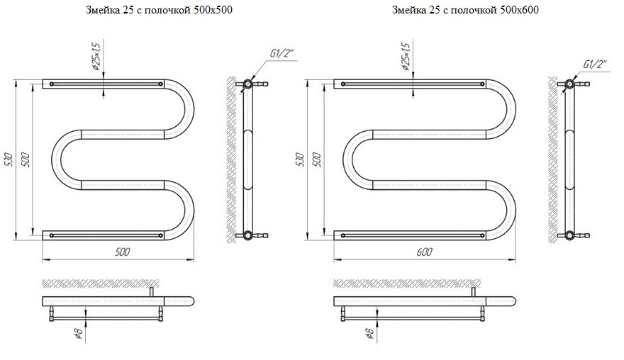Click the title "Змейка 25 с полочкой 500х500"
pos(159,10)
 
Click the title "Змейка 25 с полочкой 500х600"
pos(465,10)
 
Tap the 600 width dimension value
pos(425,252)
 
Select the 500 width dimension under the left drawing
pos(123,252)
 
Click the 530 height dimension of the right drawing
pos(301,159)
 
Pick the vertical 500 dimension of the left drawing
pos(26,159)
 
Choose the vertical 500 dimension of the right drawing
pos(317,159)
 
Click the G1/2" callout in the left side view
pos(283,54)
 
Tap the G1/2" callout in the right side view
pos(596,64)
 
